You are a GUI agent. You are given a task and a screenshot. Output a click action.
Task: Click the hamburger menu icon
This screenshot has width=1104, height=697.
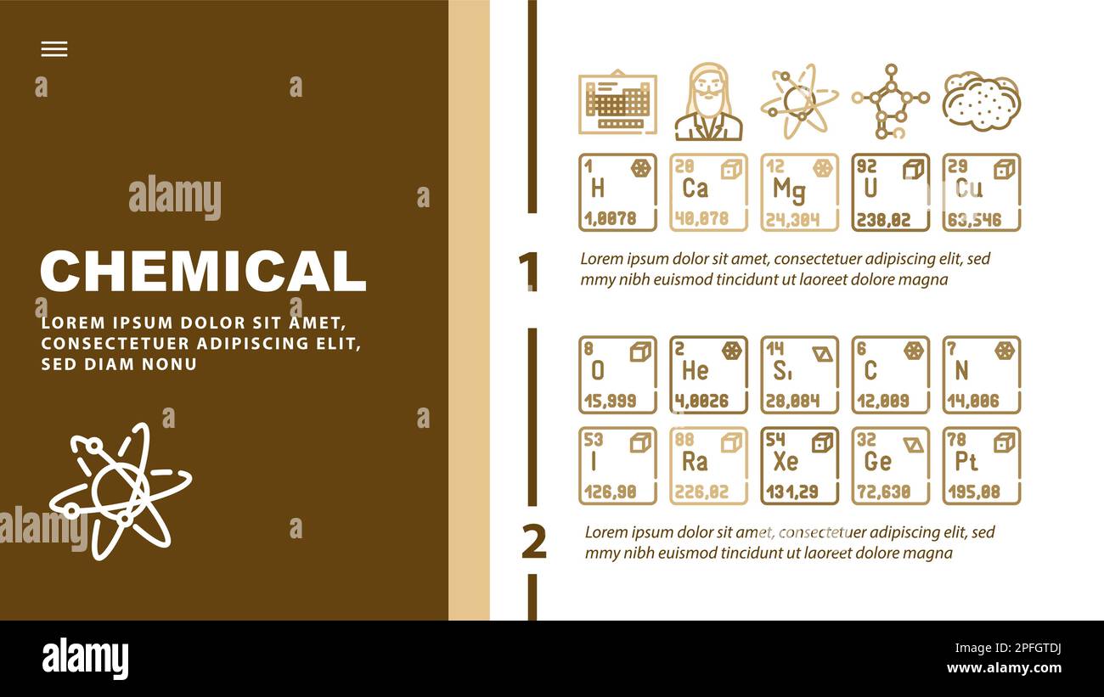click(54, 49)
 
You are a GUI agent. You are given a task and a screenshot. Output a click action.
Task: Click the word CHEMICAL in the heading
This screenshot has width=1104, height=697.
click(203, 272)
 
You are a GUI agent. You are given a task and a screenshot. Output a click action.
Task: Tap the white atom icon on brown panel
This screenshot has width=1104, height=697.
click(119, 492)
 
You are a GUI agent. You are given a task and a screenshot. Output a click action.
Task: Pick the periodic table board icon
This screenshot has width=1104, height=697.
click(617, 102)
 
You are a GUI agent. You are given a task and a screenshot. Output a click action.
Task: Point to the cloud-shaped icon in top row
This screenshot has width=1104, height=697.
click(981, 102)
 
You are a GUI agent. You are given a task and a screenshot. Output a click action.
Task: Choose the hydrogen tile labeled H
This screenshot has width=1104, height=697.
click(617, 192)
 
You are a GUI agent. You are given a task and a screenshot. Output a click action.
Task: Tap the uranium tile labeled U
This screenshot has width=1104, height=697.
click(890, 192)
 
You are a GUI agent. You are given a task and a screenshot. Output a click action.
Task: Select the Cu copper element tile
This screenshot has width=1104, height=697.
click(981, 192)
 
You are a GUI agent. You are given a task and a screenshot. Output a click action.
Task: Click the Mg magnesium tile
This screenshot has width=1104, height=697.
click(799, 192)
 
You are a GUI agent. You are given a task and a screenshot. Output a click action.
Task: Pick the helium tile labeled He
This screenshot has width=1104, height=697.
click(708, 374)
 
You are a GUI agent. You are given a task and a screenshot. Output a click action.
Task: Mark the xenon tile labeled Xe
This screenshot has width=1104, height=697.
click(799, 465)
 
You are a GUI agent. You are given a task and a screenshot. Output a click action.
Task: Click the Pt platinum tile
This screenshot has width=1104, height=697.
click(981, 465)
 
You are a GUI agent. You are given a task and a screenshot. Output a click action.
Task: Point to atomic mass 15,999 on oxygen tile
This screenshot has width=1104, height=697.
click(610, 401)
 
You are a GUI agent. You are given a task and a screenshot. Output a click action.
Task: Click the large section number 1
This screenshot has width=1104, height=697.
click(528, 272)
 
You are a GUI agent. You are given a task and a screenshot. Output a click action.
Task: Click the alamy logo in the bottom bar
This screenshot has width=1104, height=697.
click(85, 659)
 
